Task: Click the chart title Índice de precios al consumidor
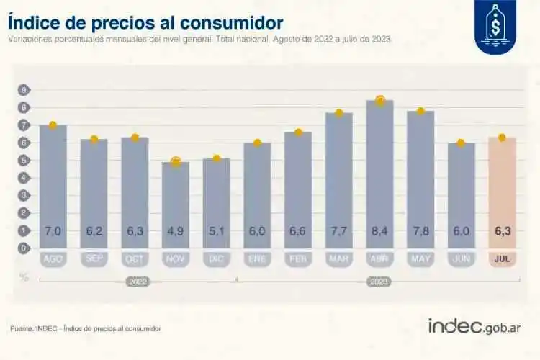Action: tap(145, 22)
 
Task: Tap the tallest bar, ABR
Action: tap(379, 173)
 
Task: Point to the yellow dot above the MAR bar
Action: tap(338, 113)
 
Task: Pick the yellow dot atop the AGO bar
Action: tap(53, 125)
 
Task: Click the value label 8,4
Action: tap(379, 231)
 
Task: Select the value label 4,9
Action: tap(176, 231)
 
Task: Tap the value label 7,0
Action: tap(53, 231)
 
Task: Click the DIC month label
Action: tap(216, 258)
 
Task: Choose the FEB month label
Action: tap(298, 258)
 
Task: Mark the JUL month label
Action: tap(502, 258)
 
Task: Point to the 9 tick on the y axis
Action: tap(24, 90)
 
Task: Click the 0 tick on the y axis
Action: tap(24, 248)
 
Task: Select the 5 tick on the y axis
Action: tap(24, 160)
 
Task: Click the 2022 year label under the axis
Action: tap(135, 282)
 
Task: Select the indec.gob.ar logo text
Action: tap(474, 326)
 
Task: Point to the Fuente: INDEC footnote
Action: tap(86, 328)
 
